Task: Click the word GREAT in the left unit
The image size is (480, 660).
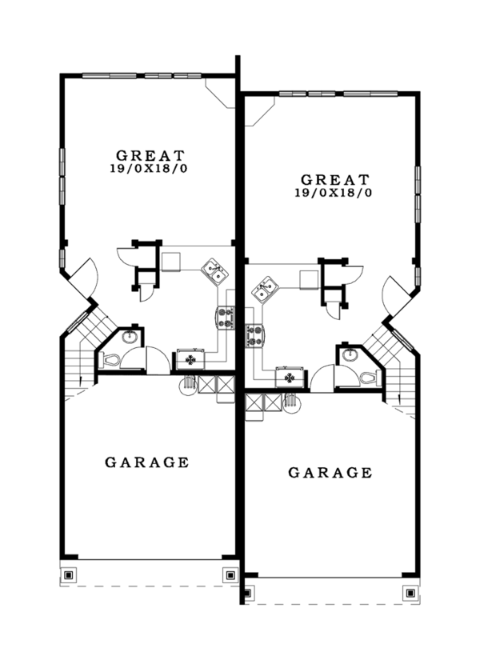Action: [x=150, y=155]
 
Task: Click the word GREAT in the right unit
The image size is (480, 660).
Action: [x=335, y=179]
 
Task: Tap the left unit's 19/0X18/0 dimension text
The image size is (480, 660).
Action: [x=150, y=169]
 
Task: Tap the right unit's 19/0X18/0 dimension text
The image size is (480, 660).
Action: [x=335, y=193]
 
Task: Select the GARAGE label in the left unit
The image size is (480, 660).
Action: [x=147, y=462]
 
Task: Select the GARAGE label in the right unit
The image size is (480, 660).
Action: [x=330, y=473]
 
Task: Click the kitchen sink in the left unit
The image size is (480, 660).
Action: [x=214, y=272]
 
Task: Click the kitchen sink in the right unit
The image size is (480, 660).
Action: [x=265, y=290]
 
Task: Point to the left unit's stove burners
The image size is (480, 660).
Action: [x=225, y=318]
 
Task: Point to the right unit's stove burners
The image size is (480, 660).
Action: [x=255, y=335]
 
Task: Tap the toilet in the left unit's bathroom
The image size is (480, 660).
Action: [x=109, y=361]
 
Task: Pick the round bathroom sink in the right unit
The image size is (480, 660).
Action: [x=350, y=354]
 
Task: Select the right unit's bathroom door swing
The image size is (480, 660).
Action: [x=323, y=378]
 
